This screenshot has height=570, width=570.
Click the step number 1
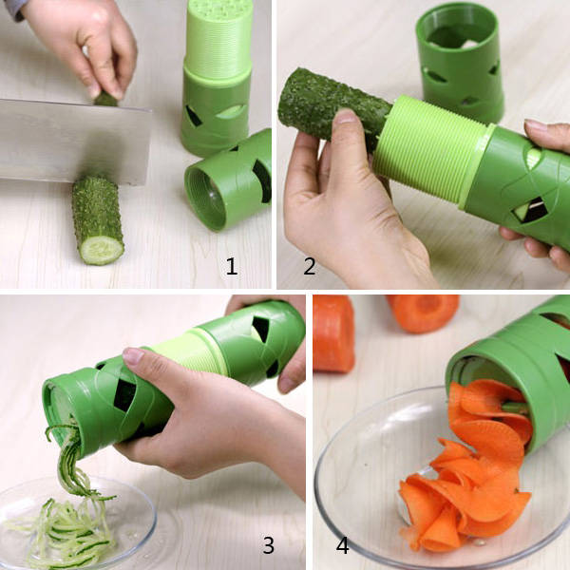tap(232, 266)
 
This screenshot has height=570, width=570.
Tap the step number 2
tap(310, 266)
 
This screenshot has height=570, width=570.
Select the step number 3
tap(269, 545)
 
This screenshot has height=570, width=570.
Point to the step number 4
tap(342, 545)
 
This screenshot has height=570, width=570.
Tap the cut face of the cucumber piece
tap(102, 250)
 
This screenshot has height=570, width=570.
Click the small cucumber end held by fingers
tap(105, 99)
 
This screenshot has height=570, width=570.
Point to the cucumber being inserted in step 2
tap(332, 105)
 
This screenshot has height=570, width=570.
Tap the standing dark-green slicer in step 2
tap(461, 62)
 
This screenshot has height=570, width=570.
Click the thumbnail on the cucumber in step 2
tap(346, 116)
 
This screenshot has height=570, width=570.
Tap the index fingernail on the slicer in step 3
tap(133, 355)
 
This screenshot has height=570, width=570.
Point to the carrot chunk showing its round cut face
tap(424, 313)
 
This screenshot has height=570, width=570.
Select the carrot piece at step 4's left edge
tap(333, 333)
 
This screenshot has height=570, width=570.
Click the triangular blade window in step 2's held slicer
tap(530, 211)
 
